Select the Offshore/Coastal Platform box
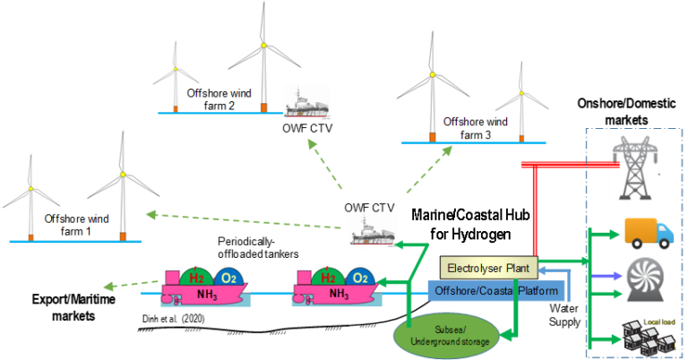coord(496,291)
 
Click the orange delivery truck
coord(648,232)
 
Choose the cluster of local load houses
coord(644,339)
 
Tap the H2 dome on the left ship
coord(197,278)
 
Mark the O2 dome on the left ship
coord(228,278)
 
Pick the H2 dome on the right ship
coord(329,278)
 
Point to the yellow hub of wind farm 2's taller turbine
coord(262,44)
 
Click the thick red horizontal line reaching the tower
coord(573,164)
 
